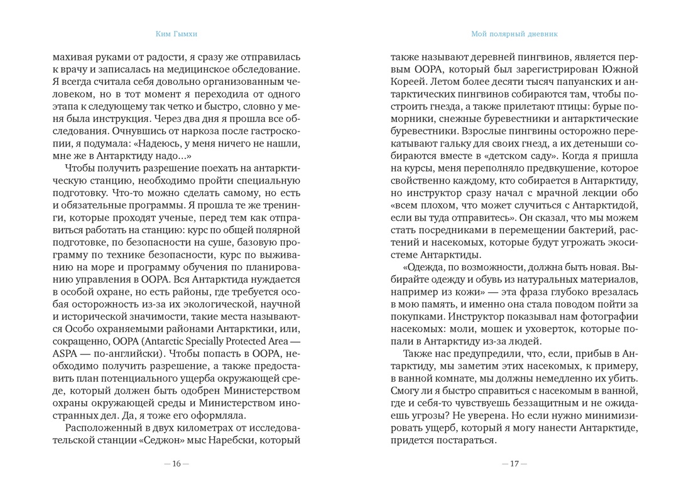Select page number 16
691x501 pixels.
(176, 464)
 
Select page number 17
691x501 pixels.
(514, 464)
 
